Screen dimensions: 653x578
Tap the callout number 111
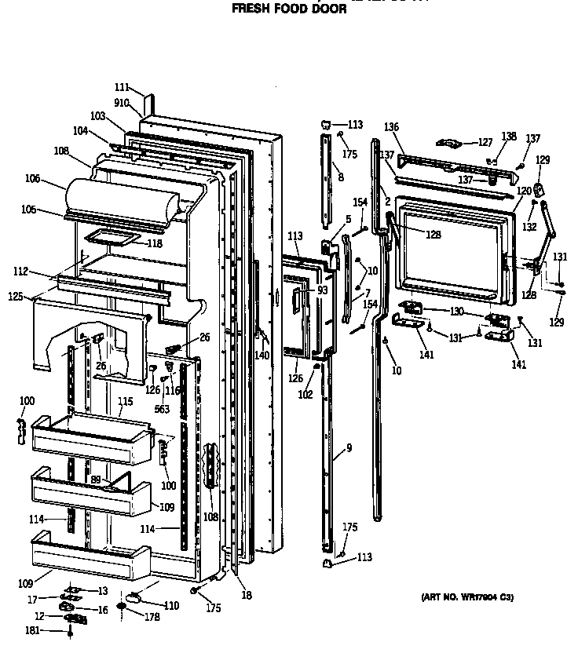click(x=121, y=89)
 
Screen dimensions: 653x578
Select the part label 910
click(x=122, y=102)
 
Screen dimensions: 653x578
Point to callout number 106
click(x=54, y=178)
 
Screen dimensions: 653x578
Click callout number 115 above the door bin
click(x=125, y=402)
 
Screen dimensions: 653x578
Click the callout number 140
click(x=261, y=355)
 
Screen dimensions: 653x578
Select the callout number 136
click(x=392, y=127)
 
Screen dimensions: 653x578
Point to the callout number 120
click(x=524, y=191)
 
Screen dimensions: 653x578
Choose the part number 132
click(x=530, y=227)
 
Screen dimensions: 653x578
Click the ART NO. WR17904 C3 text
click(x=467, y=597)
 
